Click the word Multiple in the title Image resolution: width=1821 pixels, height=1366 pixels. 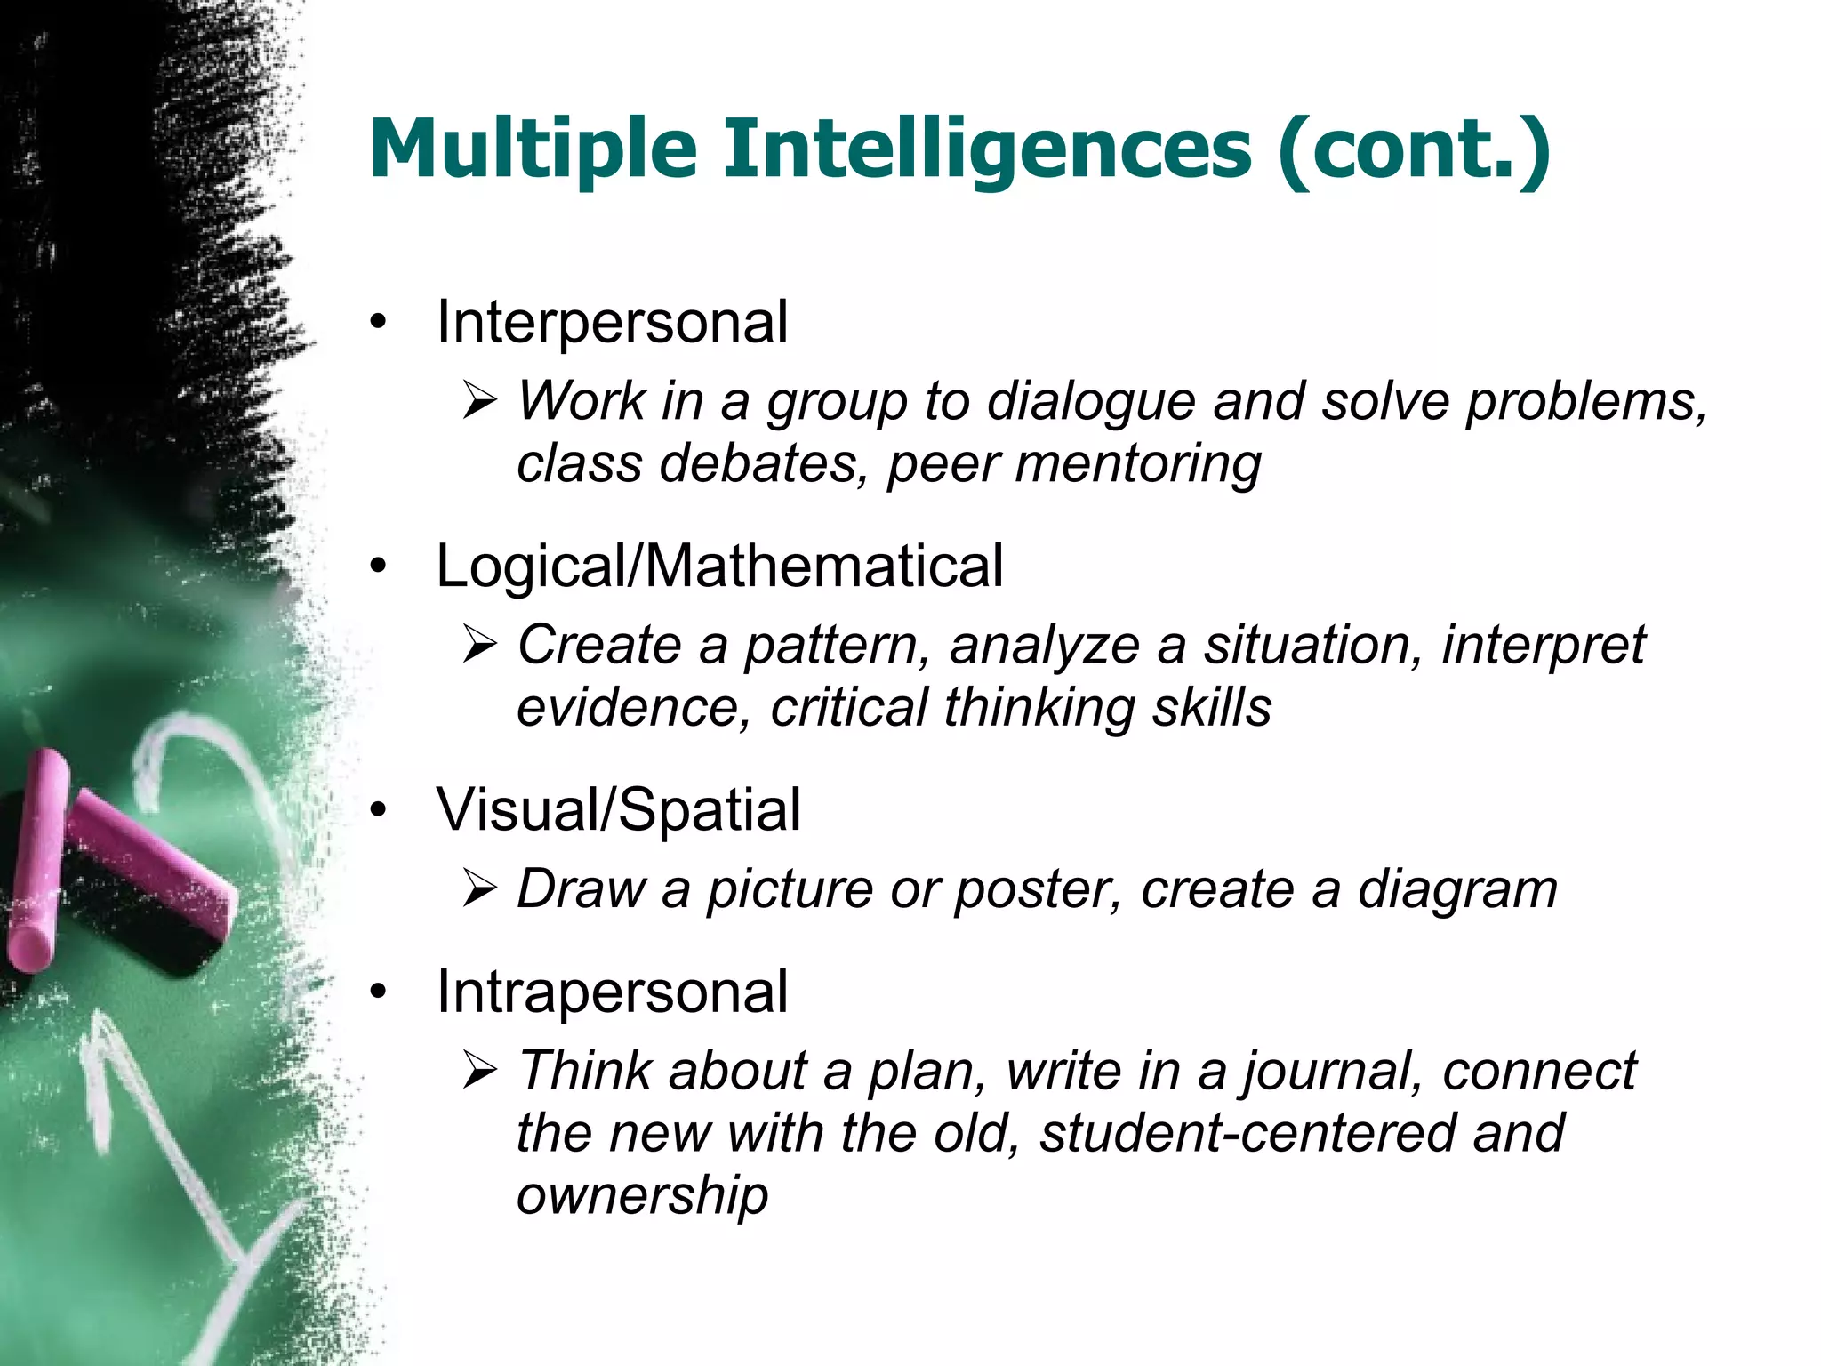[x=532, y=148]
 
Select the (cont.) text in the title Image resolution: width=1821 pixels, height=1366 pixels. [x=1414, y=148]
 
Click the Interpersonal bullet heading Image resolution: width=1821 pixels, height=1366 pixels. [x=612, y=322]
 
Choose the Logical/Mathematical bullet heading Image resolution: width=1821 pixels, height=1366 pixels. [x=719, y=566]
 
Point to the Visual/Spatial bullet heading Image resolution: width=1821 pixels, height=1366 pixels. [x=618, y=810]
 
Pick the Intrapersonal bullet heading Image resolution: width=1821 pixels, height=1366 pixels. [x=612, y=992]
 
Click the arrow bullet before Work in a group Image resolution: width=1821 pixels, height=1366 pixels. [x=481, y=403]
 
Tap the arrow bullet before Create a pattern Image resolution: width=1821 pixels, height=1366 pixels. [x=481, y=647]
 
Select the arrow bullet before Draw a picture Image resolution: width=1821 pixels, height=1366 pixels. [x=481, y=890]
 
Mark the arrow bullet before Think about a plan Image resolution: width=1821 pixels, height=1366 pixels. [x=481, y=1072]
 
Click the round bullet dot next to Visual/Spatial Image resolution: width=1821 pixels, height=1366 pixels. [x=380, y=811]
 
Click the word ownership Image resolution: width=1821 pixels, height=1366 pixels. [x=642, y=1195]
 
